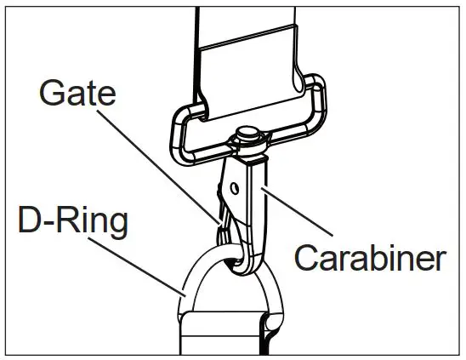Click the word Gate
(77, 94)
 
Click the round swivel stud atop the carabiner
(247, 134)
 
